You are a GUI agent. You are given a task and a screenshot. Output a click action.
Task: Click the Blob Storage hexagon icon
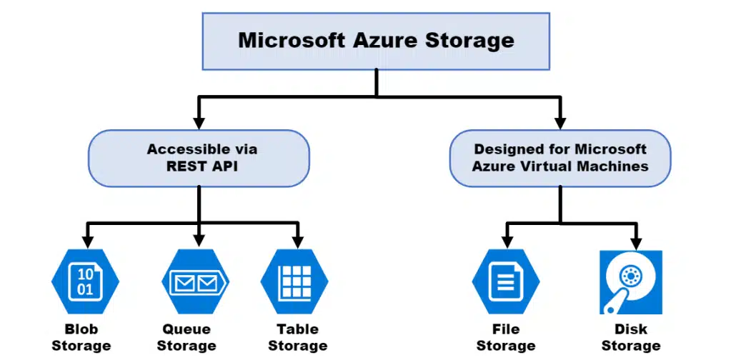(x=85, y=281)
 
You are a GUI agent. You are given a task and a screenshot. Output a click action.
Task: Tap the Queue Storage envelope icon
(x=195, y=281)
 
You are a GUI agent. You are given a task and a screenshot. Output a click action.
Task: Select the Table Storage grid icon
(x=294, y=281)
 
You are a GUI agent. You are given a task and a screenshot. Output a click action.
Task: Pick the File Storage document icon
(x=506, y=281)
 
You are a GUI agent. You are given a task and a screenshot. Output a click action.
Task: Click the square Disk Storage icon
(x=631, y=282)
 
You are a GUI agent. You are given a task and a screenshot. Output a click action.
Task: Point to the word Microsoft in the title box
(x=292, y=40)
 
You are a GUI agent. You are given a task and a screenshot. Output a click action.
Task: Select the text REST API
(x=202, y=166)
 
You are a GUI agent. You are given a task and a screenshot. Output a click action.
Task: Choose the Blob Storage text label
(x=81, y=338)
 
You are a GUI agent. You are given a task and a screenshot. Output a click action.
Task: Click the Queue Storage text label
(x=187, y=338)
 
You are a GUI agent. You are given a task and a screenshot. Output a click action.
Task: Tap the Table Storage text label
(x=297, y=338)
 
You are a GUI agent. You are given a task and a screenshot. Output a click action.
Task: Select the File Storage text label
(x=506, y=338)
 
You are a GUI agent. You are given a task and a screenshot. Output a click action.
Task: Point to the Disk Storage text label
(x=631, y=338)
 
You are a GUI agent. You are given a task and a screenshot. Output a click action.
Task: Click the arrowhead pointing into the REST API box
(x=199, y=123)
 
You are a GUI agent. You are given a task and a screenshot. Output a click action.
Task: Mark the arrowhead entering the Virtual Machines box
(x=560, y=123)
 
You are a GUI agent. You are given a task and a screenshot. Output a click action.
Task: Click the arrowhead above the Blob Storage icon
(x=87, y=243)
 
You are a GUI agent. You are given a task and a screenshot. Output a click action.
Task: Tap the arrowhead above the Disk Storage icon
(x=636, y=243)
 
